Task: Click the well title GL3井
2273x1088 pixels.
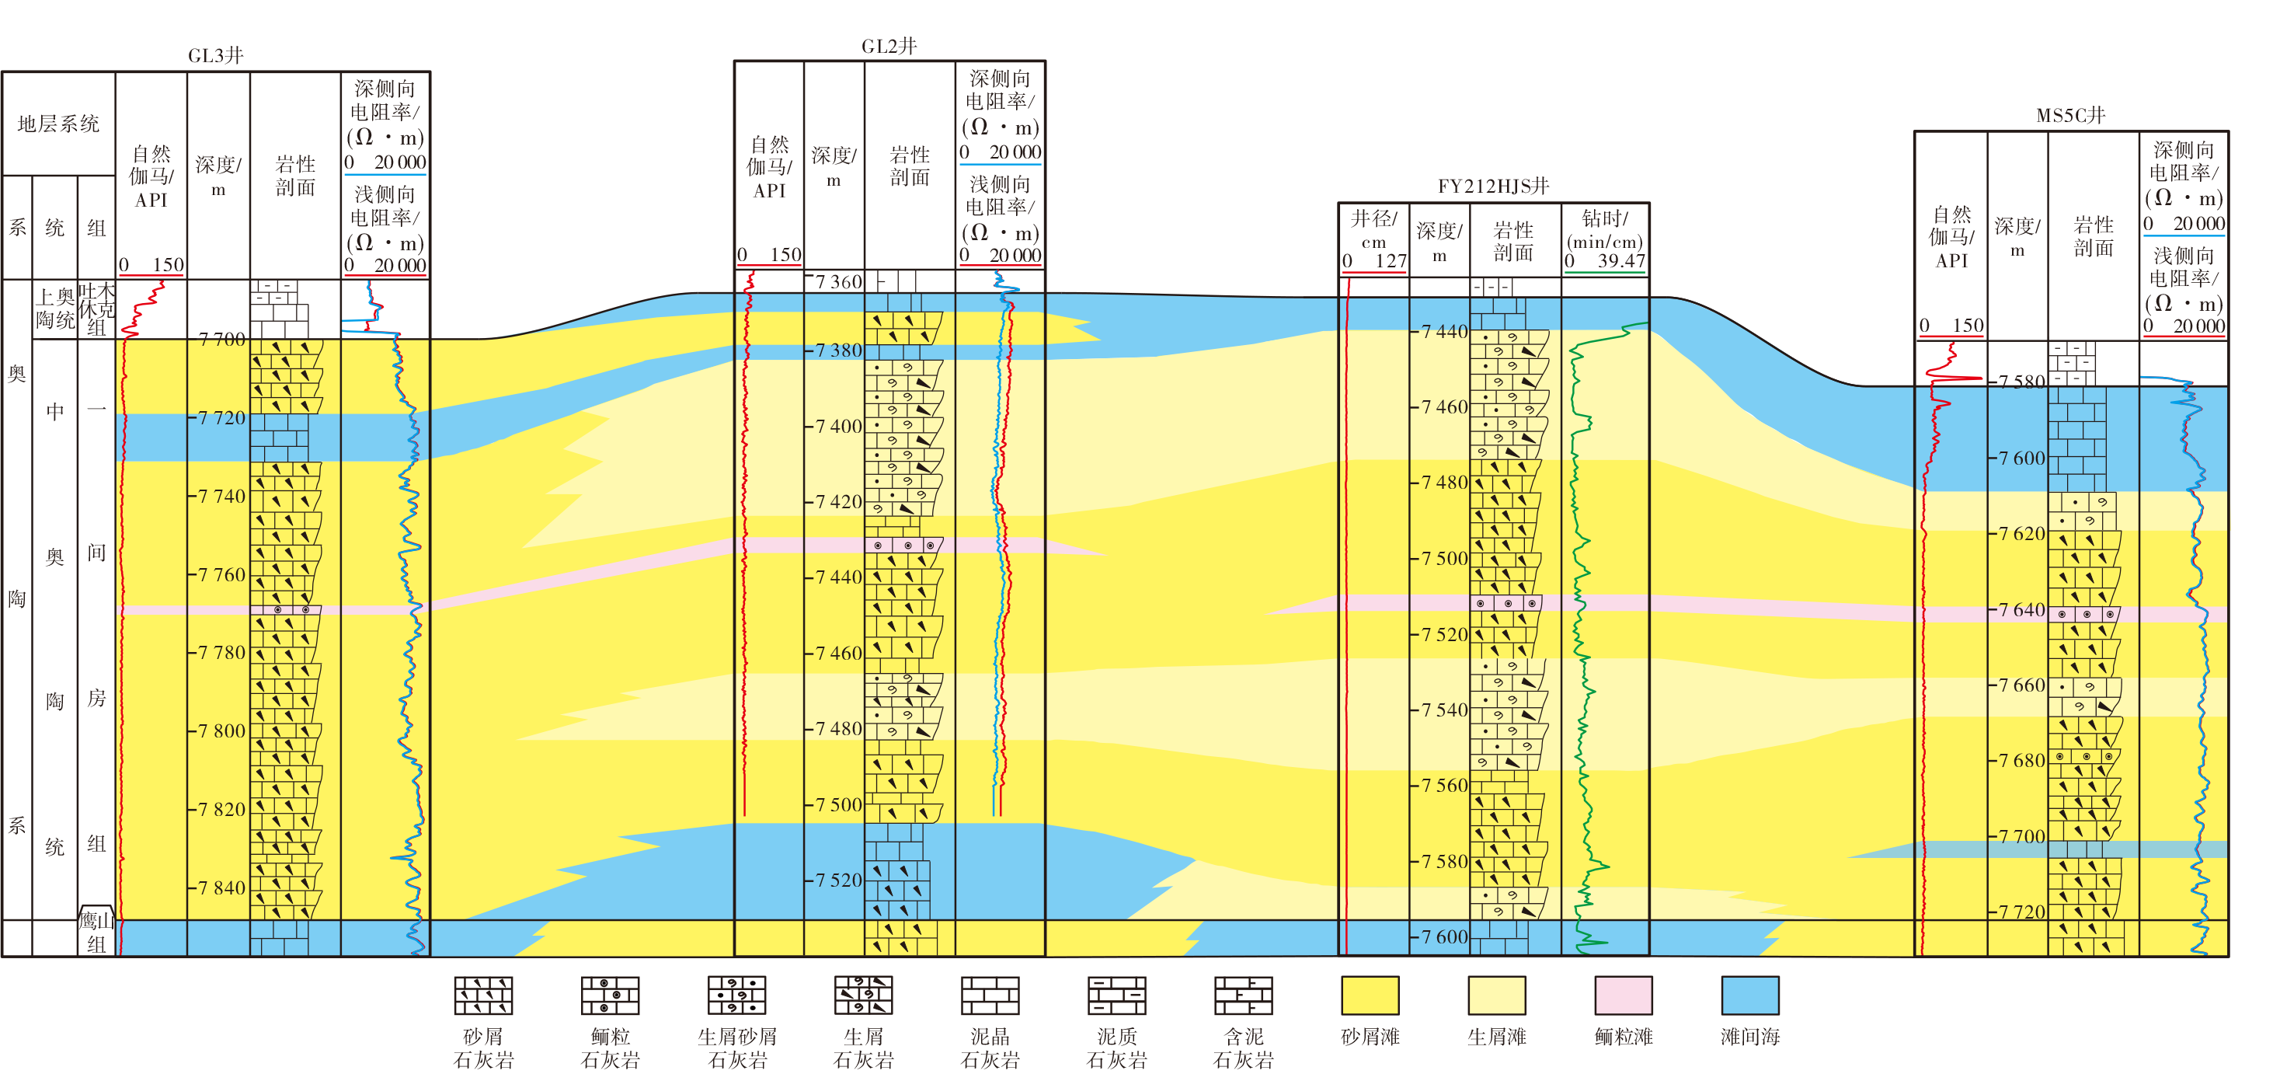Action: (x=215, y=56)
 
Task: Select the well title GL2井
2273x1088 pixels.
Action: (x=889, y=46)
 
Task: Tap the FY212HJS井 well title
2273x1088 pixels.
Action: (x=1493, y=187)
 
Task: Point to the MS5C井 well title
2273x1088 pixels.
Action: (x=2071, y=116)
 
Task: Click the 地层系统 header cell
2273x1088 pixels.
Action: (x=58, y=124)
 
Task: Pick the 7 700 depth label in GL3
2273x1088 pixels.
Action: (x=222, y=340)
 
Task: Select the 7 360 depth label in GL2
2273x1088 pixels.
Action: (x=838, y=282)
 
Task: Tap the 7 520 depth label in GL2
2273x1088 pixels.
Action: (x=838, y=880)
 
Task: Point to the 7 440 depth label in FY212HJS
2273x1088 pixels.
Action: (x=1444, y=332)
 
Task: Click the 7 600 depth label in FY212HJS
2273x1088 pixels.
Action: (x=1444, y=937)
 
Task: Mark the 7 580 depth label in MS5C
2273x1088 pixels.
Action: (x=2021, y=382)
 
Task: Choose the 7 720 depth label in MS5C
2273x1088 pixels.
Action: (x=2021, y=912)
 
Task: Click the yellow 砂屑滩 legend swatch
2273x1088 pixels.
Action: (x=1370, y=996)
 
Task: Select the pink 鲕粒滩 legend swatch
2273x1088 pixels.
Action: (x=1624, y=996)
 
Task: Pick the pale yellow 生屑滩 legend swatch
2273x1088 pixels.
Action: (x=1496, y=996)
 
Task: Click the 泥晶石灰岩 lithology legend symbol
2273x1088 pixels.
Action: (x=990, y=996)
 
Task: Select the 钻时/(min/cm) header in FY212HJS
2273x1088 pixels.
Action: (x=1605, y=229)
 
